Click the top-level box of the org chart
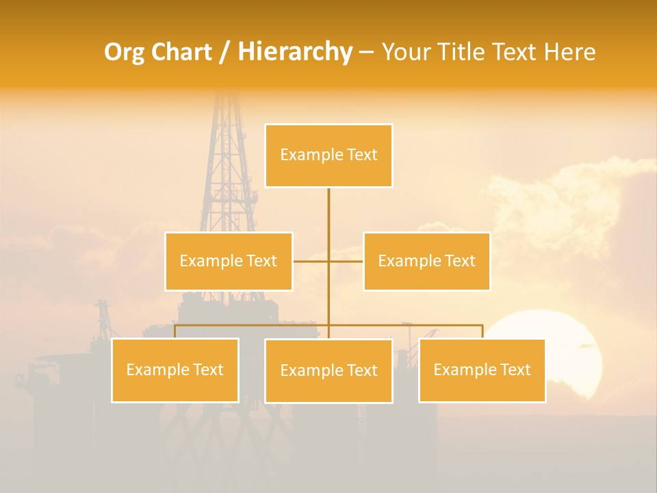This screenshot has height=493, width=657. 328,155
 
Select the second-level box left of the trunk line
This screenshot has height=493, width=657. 229,261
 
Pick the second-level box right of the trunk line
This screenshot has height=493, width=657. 426,261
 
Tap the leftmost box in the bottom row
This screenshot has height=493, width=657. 175,370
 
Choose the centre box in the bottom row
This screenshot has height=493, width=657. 328,370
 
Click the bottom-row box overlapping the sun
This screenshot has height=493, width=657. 482,370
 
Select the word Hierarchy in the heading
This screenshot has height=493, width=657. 294,52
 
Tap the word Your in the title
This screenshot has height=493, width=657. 406,52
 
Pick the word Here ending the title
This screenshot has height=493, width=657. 569,52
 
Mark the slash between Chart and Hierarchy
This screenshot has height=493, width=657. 224,52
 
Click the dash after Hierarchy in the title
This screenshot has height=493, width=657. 366,52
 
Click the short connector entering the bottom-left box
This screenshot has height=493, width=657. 175,331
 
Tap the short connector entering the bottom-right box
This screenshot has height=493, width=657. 482,331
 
